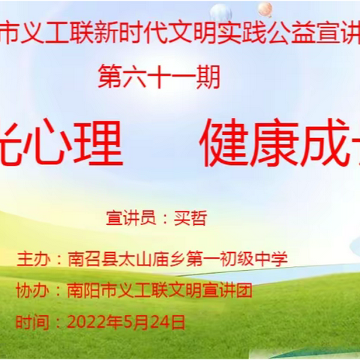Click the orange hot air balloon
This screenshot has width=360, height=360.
265,9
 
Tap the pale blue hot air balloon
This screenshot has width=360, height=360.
220,13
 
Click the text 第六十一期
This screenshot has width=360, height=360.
159,77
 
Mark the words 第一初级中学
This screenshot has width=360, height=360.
240,259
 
